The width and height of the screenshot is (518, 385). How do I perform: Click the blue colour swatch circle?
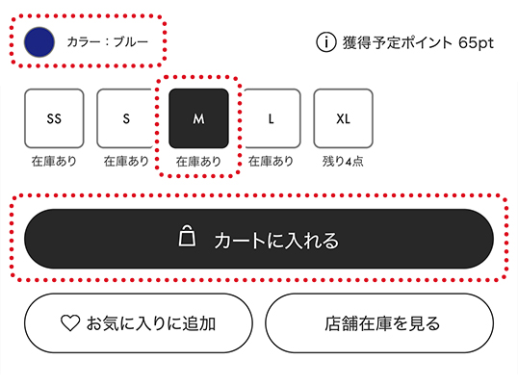click(39, 42)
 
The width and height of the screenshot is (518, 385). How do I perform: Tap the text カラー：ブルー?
click(108, 42)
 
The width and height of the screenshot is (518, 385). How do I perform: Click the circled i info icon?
click(326, 42)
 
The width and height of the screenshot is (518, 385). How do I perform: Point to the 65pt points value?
click(476, 43)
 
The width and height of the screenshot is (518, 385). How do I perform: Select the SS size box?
click(54, 118)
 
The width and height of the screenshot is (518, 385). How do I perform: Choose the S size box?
click(125, 118)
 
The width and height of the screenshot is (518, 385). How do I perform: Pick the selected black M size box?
click(198, 118)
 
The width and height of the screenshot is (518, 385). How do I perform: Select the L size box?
click(272, 118)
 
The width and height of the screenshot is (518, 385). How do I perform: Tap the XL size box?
click(343, 118)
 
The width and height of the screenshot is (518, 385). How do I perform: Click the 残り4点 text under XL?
click(343, 162)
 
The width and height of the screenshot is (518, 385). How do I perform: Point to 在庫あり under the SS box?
click(54, 161)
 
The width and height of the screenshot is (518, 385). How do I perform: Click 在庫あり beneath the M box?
click(198, 162)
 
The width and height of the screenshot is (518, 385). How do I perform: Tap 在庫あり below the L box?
click(271, 161)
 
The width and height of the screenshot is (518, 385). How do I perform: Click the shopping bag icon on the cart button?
click(187, 236)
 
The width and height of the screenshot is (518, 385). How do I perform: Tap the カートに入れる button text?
click(276, 240)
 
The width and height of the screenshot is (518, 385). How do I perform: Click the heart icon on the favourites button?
click(70, 322)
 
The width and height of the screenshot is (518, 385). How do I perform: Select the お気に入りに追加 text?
click(151, 323)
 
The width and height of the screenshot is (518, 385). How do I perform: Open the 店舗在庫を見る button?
click(379, 323)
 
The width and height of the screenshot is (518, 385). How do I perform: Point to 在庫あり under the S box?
click(126, 161)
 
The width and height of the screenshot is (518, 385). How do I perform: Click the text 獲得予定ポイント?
click(397, 43)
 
